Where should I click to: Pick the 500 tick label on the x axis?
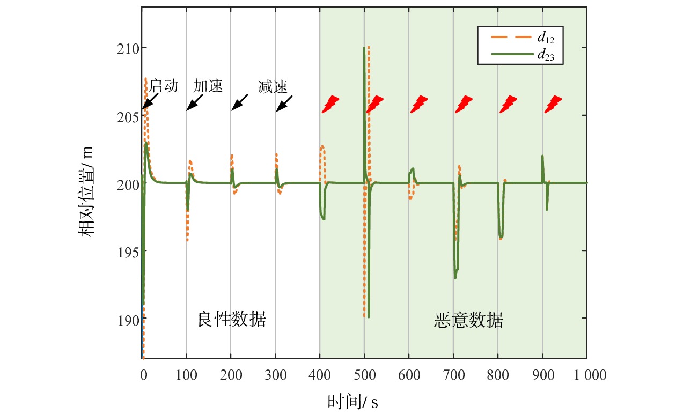(x=364, y=375)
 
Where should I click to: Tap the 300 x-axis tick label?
(x=275, y=375)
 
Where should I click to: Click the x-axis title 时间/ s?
(x=352, y=401)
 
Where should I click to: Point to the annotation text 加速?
(x=208, y=86)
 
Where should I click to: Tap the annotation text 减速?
(x=273, y=86)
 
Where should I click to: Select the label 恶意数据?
(x=468, y=320)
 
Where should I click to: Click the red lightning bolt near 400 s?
(x=330, y=104)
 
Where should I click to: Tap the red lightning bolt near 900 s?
(x=553, y=104)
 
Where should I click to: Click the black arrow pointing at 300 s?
(x=284, y=103)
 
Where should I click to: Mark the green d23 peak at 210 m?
(x=364, y=48)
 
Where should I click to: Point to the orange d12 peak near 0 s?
(x=145, y=79)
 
